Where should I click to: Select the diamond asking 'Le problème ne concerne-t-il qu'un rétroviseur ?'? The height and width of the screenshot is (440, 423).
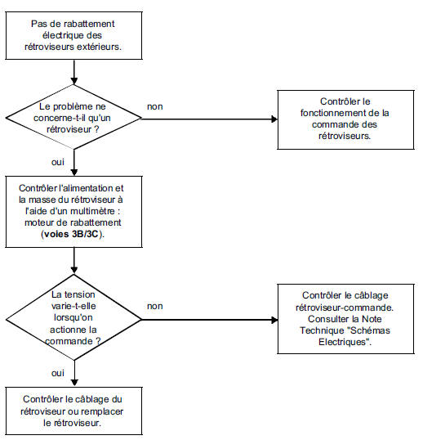[73, 117]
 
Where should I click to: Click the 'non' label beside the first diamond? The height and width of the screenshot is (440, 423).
[153, 107]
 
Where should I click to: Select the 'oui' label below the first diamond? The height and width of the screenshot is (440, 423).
[59, 162]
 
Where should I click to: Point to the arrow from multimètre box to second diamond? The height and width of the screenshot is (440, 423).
[73, 261]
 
